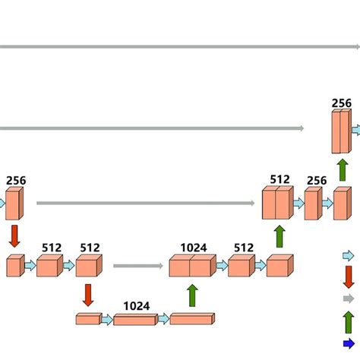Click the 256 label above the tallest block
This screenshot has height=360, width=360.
tap(342, 103)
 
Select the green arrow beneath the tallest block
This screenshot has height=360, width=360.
tap(343, 169)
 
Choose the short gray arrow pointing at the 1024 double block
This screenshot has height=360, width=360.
tap(138, 266)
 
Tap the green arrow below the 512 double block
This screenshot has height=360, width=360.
tap(279, 236)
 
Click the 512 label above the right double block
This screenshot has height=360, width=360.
tap(279, 180)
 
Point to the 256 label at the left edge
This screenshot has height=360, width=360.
tap(15, 181)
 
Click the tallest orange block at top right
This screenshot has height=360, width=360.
tap(342, 132)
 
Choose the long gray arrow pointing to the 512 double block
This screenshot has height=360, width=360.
tap(145, 203)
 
